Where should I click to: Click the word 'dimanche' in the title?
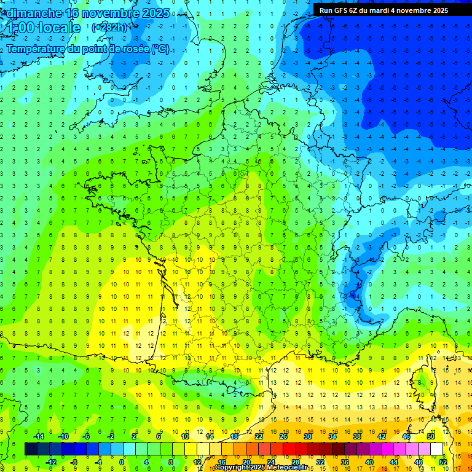coord(36,13)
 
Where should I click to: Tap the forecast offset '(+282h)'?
coord(109,27)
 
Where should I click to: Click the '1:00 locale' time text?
coord(41,28)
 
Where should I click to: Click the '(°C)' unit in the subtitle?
coord(160,49)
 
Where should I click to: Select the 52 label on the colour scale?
coord(443,462)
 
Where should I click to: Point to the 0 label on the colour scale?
coord(122,462)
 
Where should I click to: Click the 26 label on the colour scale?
coord(283,436)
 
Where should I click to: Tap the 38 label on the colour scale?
coord(357,436)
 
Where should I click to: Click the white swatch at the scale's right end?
coord(436,449)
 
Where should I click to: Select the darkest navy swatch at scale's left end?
coord(31,449)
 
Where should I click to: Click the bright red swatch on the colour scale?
coord(289,449)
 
